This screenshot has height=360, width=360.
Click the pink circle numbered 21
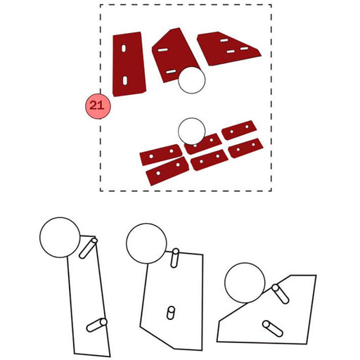[98, 106]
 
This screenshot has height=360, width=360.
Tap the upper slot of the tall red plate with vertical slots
[124, 49]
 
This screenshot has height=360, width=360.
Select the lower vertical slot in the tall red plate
[125, 80]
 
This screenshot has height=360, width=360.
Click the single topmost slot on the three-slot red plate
[224, 40]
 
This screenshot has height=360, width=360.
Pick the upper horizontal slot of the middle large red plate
[162, 50]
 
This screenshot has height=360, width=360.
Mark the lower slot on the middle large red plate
[171, 72]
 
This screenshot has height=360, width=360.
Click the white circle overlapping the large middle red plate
[191, 80]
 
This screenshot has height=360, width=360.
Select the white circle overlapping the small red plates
[191, 131]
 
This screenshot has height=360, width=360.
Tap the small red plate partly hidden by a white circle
[203, 143]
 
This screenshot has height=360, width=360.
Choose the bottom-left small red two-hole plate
[167, 171]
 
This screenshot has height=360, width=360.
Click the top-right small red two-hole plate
[239, 130]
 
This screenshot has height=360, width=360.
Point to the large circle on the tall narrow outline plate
[60, 238]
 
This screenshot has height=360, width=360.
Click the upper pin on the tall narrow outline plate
[88, 248]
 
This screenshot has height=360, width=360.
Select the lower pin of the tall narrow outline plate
[97, 325]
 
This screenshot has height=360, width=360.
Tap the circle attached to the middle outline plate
[146, 243]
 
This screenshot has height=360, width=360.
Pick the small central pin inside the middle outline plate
[171, 313]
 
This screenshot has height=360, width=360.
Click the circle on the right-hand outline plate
[245, 283]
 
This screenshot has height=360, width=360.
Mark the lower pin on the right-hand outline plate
[273, 328]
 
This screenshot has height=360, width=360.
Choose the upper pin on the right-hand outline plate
[280, 294]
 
